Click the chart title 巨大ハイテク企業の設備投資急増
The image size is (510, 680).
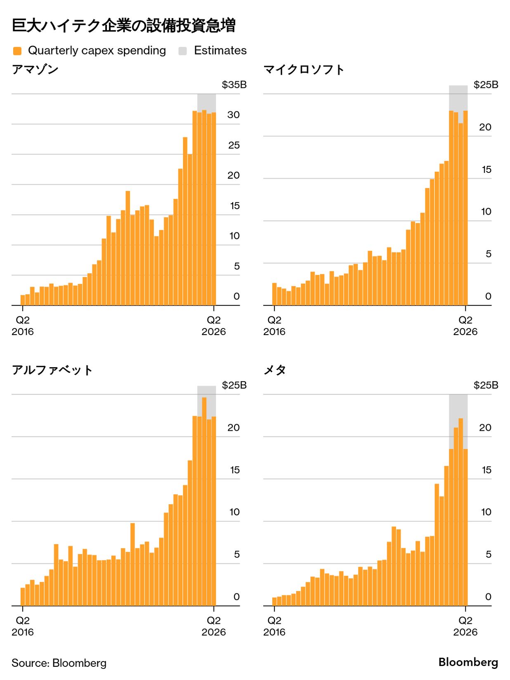point(123,26)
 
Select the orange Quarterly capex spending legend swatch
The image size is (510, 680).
point(17,51)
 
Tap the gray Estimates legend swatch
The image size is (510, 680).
point(182,51)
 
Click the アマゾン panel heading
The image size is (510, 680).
point(35,69)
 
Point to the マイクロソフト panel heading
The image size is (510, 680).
point(304,69)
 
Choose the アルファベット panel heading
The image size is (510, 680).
point(52,370)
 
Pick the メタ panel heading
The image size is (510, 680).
point(275,370)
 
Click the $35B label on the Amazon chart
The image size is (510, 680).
point(234,85)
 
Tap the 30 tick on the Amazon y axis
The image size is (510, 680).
point(233,115)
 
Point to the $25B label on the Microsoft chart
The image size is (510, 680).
point(486,85)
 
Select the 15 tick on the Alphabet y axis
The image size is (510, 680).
point(234,470)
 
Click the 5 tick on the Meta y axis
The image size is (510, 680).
point(488,554)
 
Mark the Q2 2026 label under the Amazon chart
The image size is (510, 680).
point(214,326)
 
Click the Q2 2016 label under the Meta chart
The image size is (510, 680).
point(274,626)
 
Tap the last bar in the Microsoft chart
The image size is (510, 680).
point(465,208)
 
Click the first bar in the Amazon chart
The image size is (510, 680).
point(23,300)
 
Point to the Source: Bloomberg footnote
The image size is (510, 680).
point(59,663)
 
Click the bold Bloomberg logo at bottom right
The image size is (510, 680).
point(468,662)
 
